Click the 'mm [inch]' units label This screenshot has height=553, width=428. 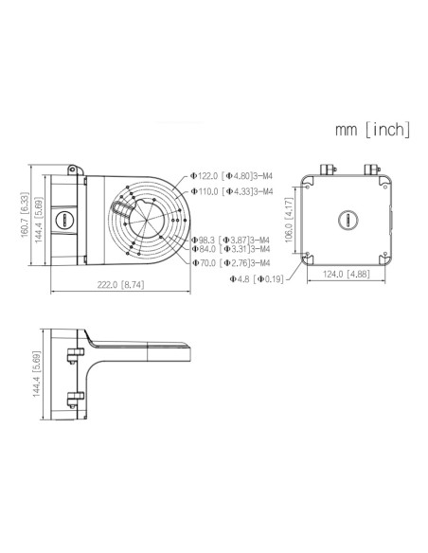pos(372,129)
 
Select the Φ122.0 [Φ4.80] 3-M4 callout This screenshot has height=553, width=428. pos(232,176)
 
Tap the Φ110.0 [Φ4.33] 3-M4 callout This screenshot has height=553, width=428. pos(232,191)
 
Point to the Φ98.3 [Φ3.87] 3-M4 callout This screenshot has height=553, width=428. pos(230,240)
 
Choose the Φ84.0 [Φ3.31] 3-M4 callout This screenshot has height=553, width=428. pos(230,250)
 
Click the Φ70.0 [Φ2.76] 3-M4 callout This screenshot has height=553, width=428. pos(230,262)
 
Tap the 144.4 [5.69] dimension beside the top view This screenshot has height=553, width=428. pos(37,222)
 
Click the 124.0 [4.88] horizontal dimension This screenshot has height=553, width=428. pos(345,275)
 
